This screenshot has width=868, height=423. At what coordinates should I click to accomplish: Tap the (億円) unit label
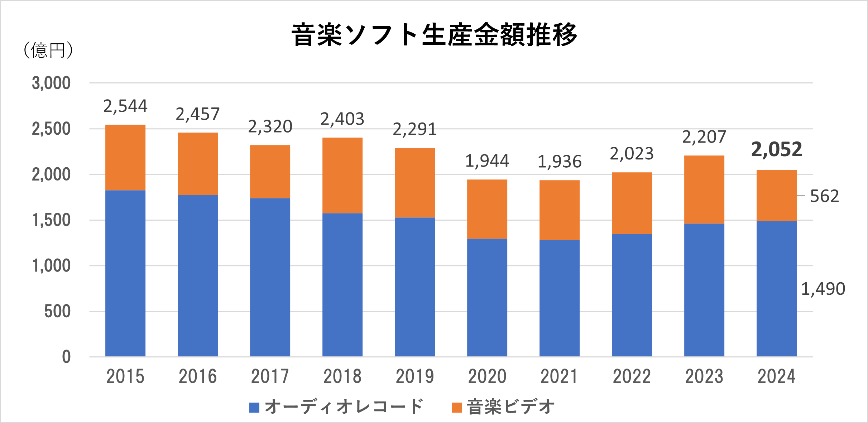click(48, 50)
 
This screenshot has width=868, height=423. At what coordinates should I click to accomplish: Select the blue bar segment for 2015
click(125, 273)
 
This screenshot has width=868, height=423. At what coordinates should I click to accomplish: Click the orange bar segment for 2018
click(342, 176)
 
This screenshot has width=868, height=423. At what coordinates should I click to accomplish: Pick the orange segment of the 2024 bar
click(776, 196)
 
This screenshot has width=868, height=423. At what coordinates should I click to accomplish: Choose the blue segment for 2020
click(487, 297)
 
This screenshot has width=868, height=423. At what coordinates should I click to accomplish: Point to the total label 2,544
click(125, 106)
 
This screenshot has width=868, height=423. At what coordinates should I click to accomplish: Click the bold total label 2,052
click(776, 150)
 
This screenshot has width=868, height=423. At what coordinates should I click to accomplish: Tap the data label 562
click(824, 196)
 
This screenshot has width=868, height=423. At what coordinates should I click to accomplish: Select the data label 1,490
click(823, 289)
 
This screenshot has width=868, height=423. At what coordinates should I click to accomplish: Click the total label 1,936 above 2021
click(559, 162)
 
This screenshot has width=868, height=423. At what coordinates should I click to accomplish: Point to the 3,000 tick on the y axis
click(51, 83)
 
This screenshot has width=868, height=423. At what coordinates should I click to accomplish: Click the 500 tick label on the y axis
click(57, 311)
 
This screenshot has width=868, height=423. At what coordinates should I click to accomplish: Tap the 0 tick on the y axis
click(66, 357)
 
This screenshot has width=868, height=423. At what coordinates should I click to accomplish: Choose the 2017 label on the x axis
click(270, 376)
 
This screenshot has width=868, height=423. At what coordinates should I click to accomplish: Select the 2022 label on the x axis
click(632, 376)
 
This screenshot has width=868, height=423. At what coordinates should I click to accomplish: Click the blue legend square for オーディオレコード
click(254, 408)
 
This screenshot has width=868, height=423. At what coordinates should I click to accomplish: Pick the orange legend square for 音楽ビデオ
click(457, 408)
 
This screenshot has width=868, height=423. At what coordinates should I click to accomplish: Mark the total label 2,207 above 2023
click(704, 137)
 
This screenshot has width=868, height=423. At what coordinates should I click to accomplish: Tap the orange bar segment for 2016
click(198, 164)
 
